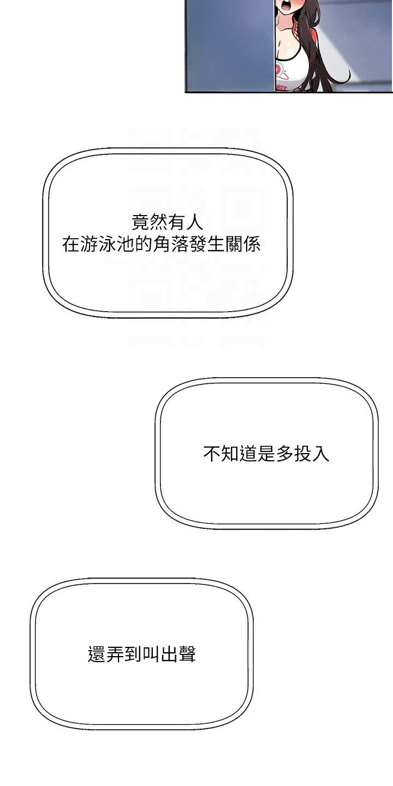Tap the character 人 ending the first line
click(x=195, y=222)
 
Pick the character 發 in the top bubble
click(x=198, y=244)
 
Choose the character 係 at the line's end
click(x=252, y=244)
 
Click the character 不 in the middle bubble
click(x=212, y=454)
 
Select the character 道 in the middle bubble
click(x=248, y=454)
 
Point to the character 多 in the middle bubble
click(x=284, y=454)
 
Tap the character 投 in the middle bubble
click(x=302, y=454)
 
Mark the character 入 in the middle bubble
click(x=321, y=454)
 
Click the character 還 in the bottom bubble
click(x=97, y=654)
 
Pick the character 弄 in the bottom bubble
click(x=115, y=654)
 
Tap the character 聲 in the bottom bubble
click(x=187, y=654)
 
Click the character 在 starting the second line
click(x=71, y=244)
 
